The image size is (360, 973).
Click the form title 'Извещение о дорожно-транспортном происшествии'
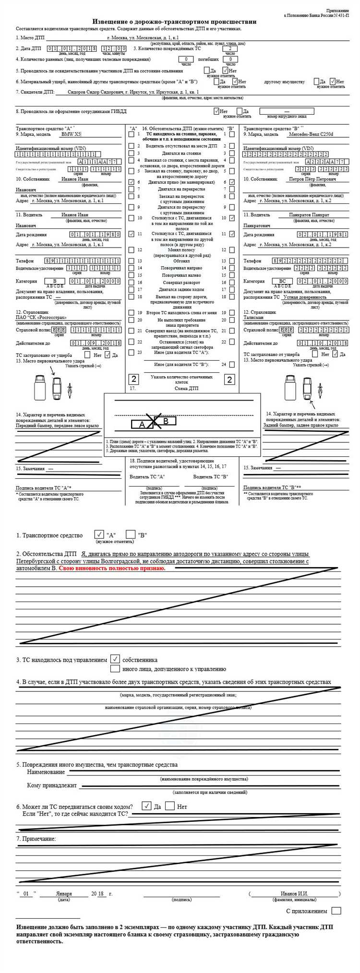click(174, 22)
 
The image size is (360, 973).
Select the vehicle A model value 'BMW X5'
click(71, 134)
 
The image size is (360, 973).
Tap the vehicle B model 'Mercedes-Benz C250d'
click(310, 134)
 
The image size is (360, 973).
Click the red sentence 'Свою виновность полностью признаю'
click(112, 568)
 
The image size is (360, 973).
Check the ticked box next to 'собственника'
click(115, 659)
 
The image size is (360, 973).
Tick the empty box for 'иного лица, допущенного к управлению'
click(115, 668)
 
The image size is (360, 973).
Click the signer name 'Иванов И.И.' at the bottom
click(294, 894)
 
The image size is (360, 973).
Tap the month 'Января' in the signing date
click(64, 894)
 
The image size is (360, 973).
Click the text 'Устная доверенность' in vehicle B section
click(305, 297)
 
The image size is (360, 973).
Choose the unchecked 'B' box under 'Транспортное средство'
click(131, 534)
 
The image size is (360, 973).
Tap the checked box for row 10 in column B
click(232, 218)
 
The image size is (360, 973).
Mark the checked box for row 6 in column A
click(132, 182)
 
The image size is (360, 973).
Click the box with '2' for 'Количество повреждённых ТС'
click(231, 48)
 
